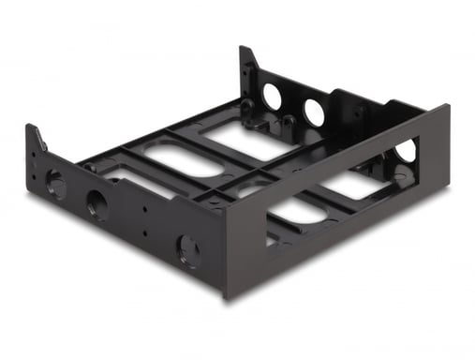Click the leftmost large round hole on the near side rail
55,184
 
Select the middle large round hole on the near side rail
96,204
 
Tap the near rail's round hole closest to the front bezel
188,250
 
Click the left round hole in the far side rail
273,96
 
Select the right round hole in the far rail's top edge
314,112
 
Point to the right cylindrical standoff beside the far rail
287,125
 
